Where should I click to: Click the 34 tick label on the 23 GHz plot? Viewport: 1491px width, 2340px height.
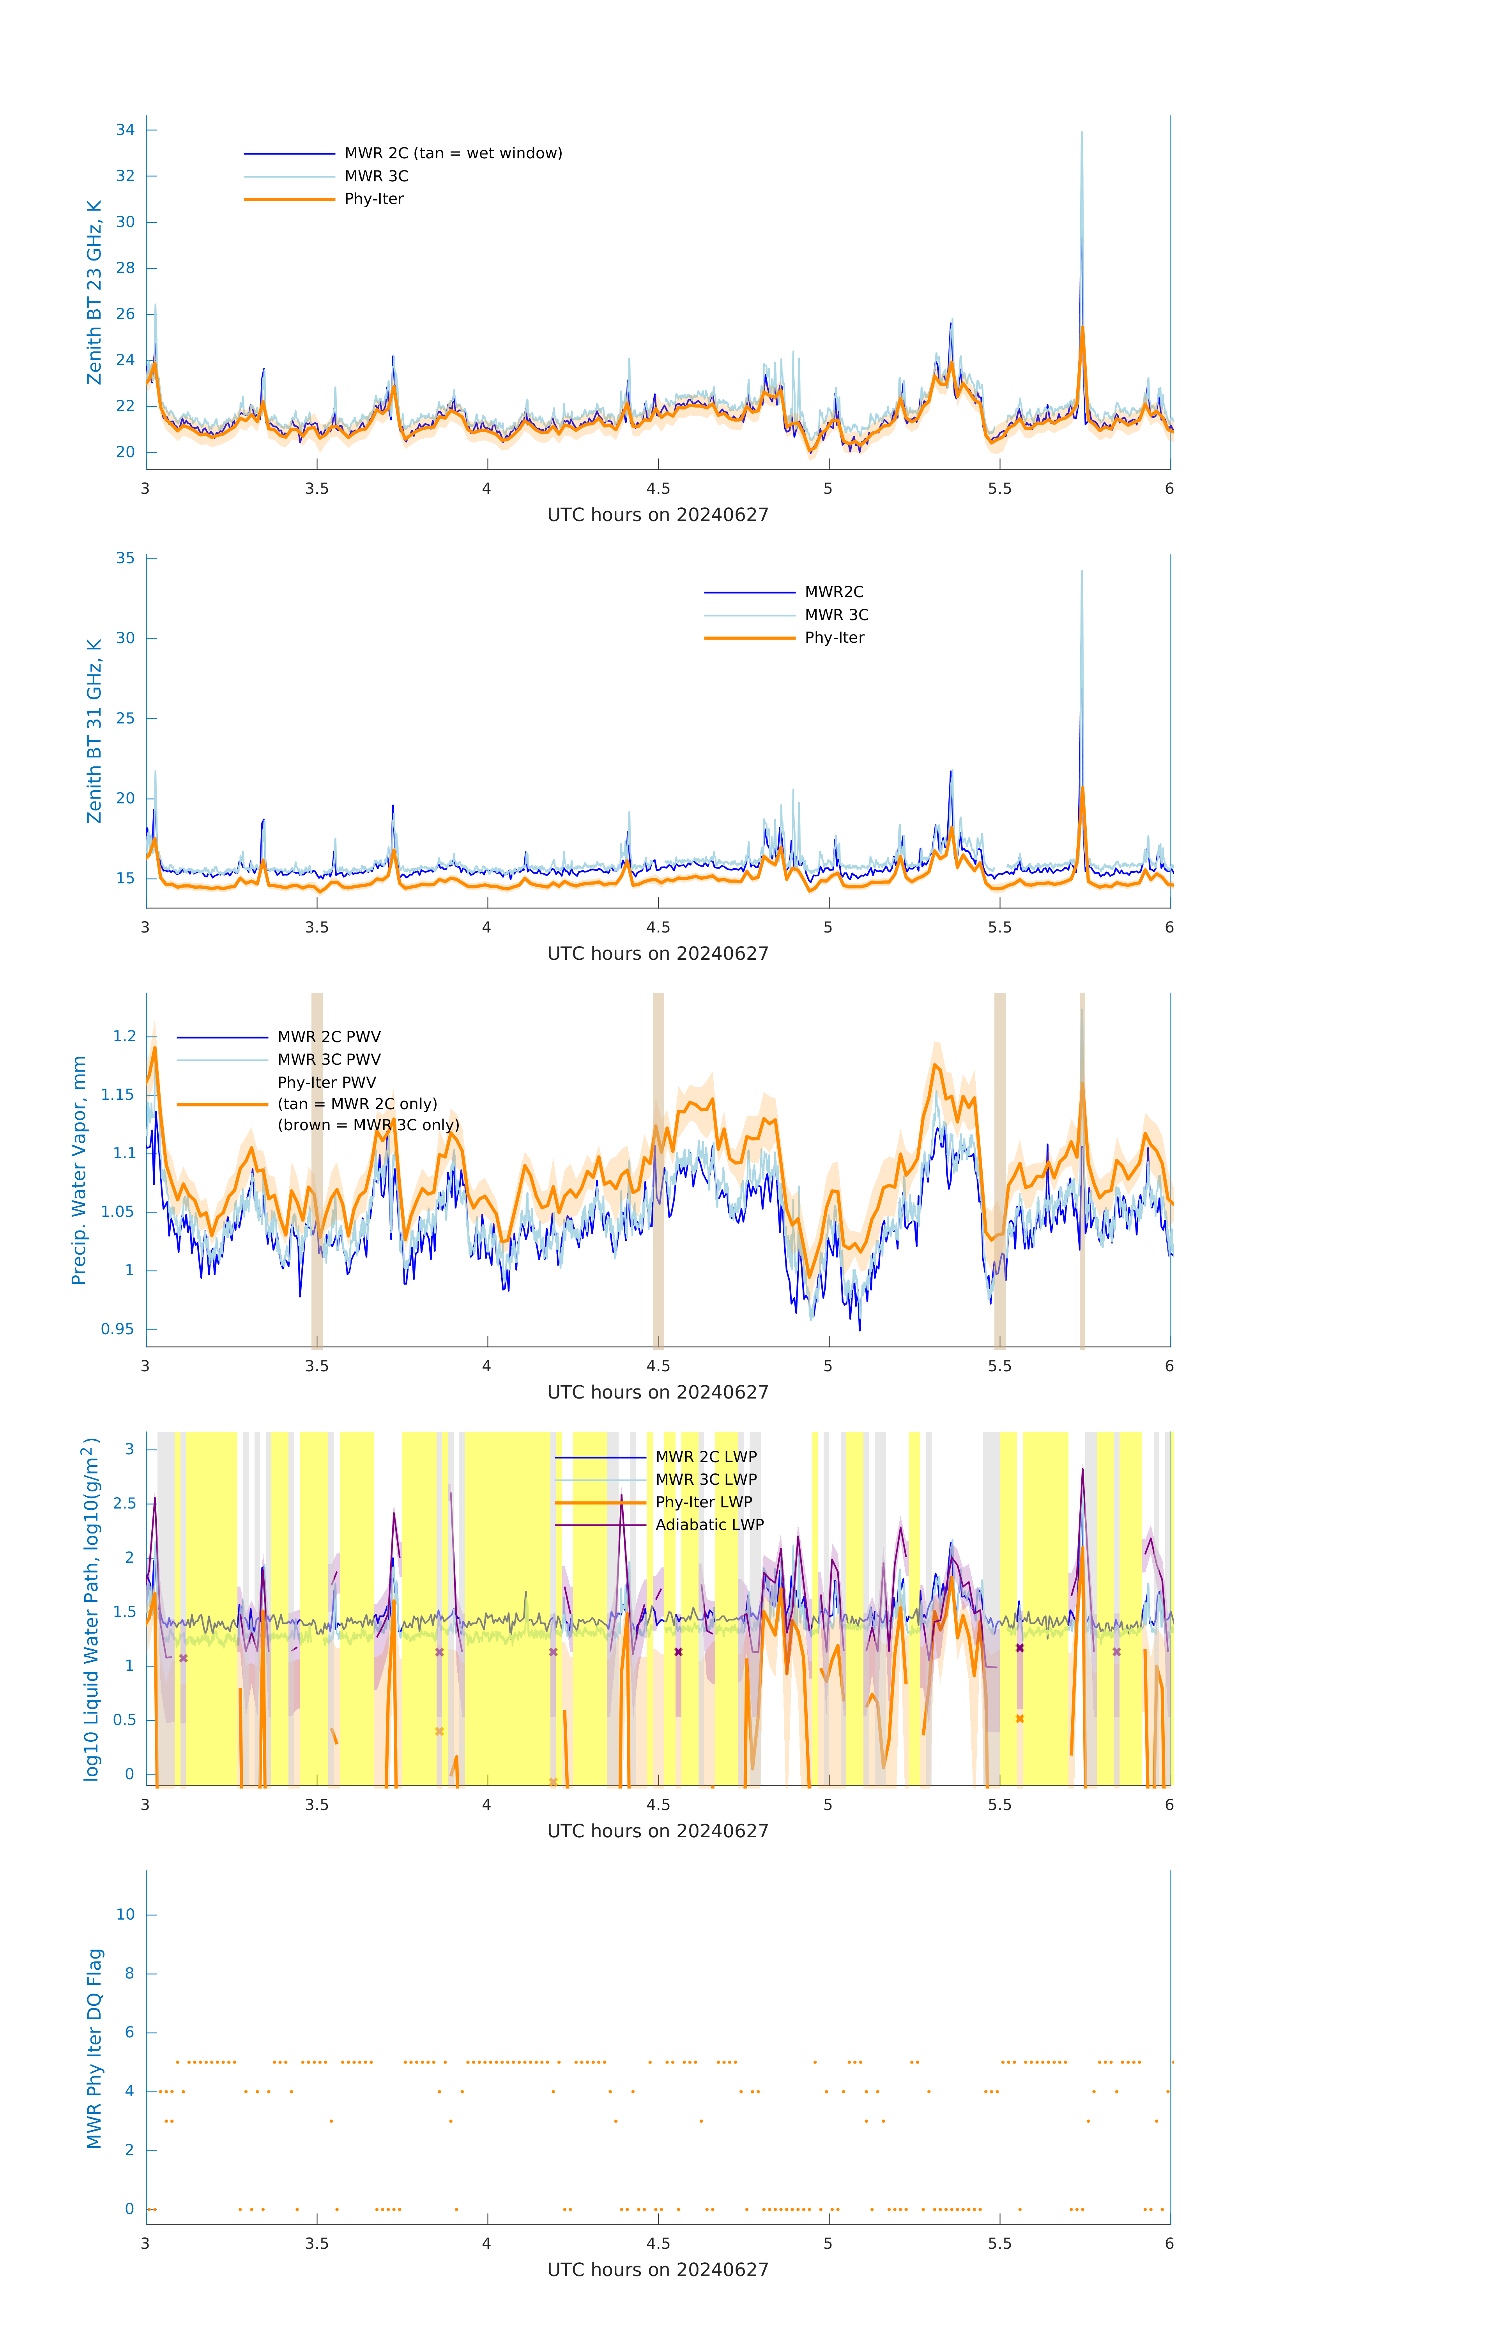click(125, 130)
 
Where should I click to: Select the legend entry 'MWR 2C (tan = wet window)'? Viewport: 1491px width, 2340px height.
click(453, 154)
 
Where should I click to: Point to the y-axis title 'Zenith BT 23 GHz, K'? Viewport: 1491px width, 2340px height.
click(94, 292)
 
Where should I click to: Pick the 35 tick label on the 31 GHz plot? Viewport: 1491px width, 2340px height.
click(125, 559)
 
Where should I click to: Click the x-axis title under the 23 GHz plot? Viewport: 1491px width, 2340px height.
click(658, 515)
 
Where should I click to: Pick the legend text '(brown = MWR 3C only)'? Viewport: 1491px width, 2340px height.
click(368, 1125)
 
